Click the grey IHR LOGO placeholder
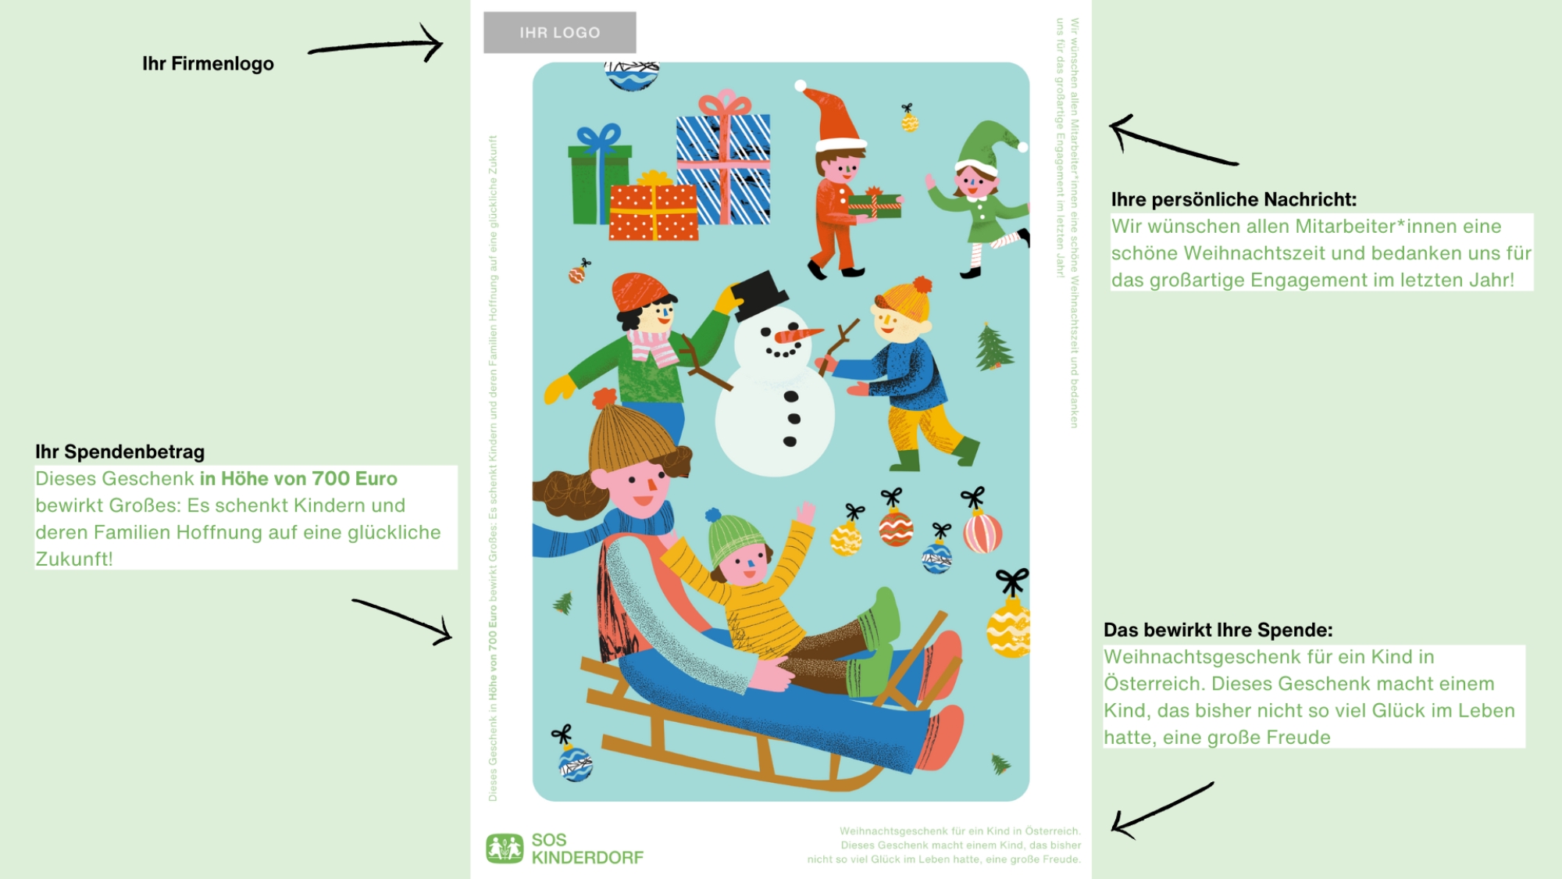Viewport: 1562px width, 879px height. [x=559, y=33]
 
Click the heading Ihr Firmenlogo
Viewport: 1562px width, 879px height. [x=208, y=64]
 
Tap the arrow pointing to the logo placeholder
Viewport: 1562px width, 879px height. [x=376, y=45]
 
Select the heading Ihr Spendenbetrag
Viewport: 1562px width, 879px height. [x=119, y=452]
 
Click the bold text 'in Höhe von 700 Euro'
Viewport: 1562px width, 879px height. [x=298, y=479]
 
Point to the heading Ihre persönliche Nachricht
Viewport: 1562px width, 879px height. [x=1234, y=200]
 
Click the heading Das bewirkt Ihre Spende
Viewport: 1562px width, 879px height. [x=1218, y=631]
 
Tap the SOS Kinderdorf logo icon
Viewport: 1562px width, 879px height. [x=505, y=849]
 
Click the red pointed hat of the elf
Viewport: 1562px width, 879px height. [x=833, y=117]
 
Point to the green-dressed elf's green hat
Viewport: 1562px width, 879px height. [x=988, y=145]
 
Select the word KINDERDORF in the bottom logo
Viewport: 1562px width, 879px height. [x=587, y=858]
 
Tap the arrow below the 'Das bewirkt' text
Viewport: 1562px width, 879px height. [x=1163, y=810]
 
